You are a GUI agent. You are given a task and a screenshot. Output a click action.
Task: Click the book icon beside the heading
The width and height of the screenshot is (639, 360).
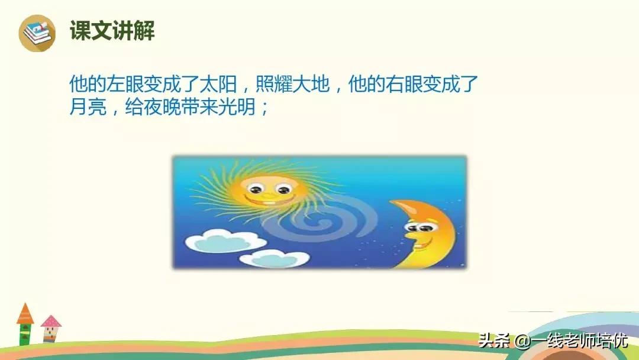(37, 33)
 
